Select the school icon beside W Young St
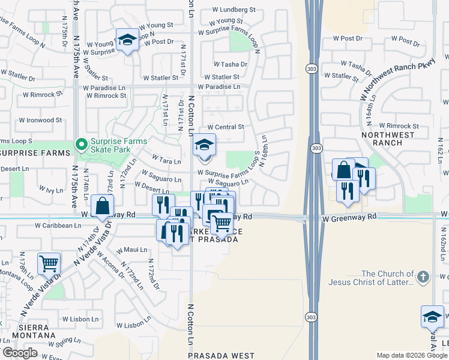click(127, 40)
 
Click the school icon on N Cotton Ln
click(204, 145)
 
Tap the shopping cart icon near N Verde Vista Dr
click(49, 262)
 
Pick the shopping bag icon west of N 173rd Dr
click(103, 206)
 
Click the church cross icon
click(423, 277)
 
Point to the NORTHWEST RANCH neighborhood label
click(393, 139)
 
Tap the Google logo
click(20, 353)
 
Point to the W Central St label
click(226, 127)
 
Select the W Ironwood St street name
click(40, 120)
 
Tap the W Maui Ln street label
click(131, 250)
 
